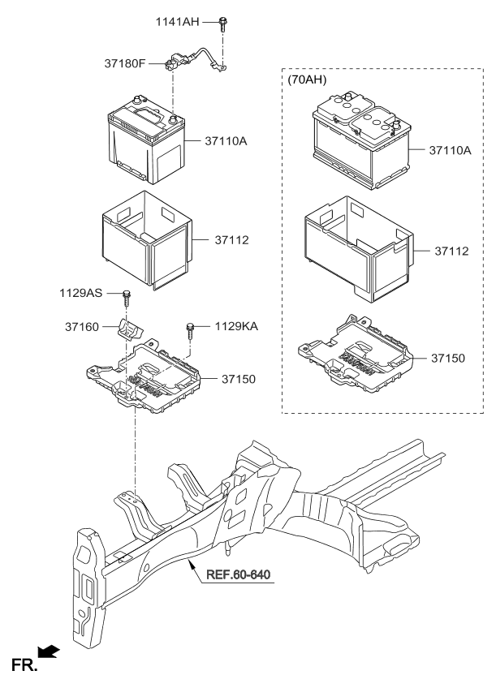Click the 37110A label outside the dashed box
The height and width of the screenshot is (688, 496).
[x=221, y=140]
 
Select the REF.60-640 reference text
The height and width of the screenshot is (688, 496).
[x=237, y=575]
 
